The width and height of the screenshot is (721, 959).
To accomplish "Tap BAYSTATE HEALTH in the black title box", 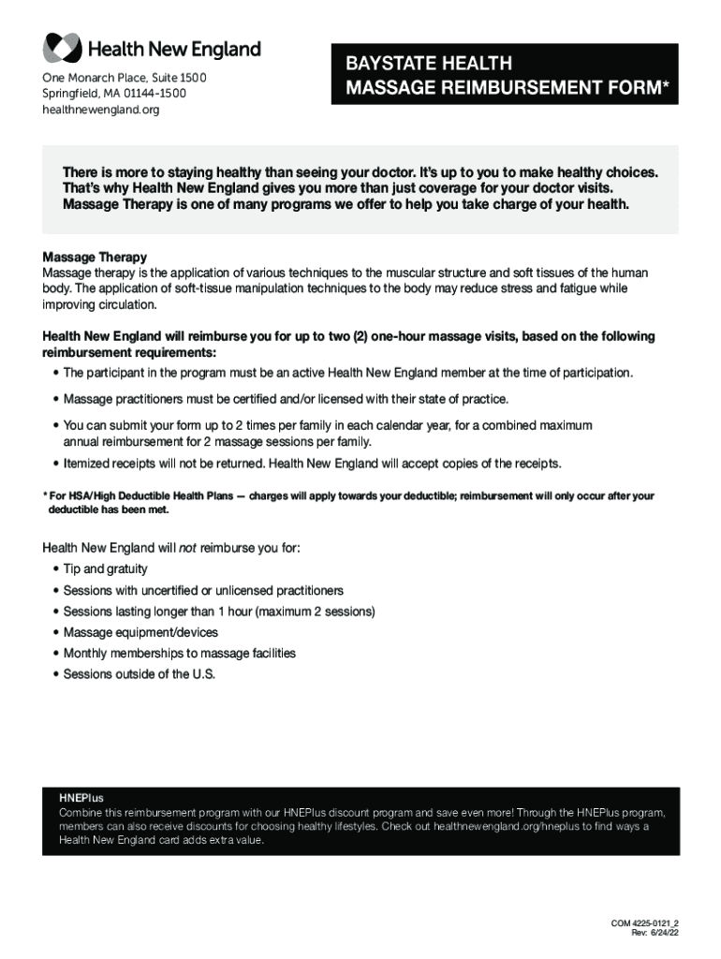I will pos(428,64).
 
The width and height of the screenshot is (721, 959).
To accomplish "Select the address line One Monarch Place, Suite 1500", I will pos(125,77).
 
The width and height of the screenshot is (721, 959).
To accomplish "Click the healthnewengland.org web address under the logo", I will pos(101,111).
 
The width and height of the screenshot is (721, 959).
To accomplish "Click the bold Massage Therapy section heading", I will pos(95,257).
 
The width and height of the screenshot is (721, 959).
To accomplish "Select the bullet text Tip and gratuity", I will pos(105,569).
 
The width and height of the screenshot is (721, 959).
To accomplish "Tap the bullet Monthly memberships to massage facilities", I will pos(179,654).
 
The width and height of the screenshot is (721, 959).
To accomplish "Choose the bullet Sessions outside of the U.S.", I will pos(139,674).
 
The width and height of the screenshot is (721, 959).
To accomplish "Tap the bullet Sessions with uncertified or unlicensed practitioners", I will pos(203,591).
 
